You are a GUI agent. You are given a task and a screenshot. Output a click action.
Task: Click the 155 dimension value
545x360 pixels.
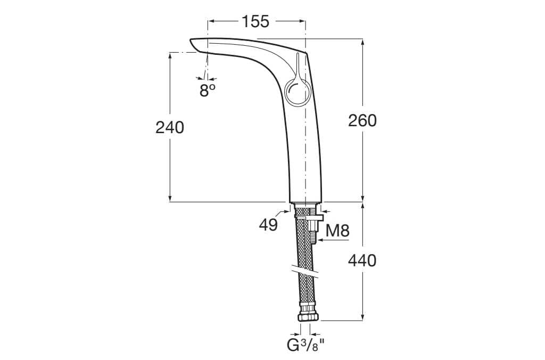point(255,21)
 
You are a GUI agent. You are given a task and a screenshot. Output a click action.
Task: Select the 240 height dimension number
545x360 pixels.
point(170,127)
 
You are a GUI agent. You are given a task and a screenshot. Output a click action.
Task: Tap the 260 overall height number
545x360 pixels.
point(362,120)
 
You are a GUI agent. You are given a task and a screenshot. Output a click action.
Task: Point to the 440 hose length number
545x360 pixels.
point(362,260)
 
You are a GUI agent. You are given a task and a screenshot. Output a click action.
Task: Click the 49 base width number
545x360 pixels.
point(269,225)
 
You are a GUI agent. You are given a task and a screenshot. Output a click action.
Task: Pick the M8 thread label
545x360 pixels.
point(337,231)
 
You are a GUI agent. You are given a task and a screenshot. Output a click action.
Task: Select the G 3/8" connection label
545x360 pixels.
point(305,345)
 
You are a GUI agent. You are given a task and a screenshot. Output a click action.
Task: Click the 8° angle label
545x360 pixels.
point(208,91)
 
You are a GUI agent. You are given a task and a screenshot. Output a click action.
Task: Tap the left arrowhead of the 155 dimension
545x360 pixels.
point(210,21)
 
